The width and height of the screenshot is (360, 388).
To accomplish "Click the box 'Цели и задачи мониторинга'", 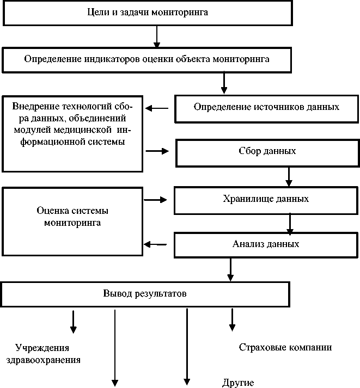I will click(147, 13).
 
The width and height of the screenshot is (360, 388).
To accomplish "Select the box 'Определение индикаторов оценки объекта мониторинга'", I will click(146, 59).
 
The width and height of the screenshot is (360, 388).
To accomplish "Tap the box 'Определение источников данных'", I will click(266, 107).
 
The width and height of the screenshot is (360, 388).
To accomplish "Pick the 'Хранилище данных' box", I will click(266, 200).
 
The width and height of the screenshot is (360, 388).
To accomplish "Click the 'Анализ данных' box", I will click(266, 244).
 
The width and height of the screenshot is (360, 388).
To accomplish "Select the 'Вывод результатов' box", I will click(145, 294).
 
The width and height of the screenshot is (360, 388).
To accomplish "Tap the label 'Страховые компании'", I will click(285, 347).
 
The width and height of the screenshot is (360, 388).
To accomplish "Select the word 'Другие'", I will click(238, 383).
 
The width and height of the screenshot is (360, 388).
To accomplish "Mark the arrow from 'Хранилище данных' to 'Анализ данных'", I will click(290, 223).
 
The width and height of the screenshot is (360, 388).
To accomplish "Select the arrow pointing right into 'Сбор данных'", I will click(158, 151).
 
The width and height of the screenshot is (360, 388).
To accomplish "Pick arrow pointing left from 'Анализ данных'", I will click(154, 245).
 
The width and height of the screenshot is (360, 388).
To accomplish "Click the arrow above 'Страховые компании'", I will click(232, 319).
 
